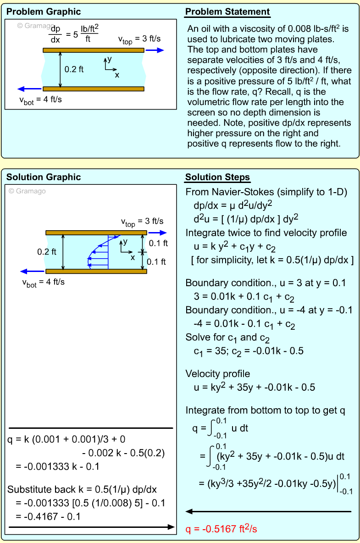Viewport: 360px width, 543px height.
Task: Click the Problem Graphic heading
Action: point(44,12)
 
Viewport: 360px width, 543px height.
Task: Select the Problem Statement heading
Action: point(227,12)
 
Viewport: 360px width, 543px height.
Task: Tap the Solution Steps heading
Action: point(217,177)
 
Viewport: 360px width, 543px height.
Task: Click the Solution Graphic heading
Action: point(44,177)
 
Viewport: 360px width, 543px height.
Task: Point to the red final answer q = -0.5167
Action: point(221,529)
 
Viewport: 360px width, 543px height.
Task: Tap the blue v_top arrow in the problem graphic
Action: point(154,50)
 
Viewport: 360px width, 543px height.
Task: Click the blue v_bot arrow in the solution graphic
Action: point(31,271)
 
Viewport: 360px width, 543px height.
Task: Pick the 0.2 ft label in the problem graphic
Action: point(74,70)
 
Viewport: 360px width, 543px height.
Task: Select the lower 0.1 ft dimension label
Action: point(156,262)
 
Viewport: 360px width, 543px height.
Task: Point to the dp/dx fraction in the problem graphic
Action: point(55,33)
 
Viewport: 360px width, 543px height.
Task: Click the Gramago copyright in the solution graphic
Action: point(28,191)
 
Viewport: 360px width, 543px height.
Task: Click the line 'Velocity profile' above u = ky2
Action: point(218,373)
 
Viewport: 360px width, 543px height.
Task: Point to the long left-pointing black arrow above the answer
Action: point(268,511)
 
